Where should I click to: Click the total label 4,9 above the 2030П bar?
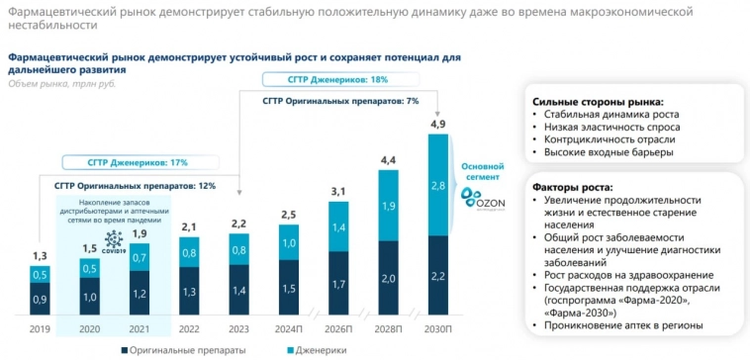(x=438, y=124)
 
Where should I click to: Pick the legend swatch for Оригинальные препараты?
(x=126, y=349)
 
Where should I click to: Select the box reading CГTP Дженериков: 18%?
(x=325, y=79)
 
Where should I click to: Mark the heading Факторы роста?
(x=572, y=188)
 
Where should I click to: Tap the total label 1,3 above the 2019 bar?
(x=39, y=256)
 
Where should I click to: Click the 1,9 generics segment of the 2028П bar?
(x=388, y=207)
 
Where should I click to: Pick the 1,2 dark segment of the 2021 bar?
(x=140, y=294)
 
